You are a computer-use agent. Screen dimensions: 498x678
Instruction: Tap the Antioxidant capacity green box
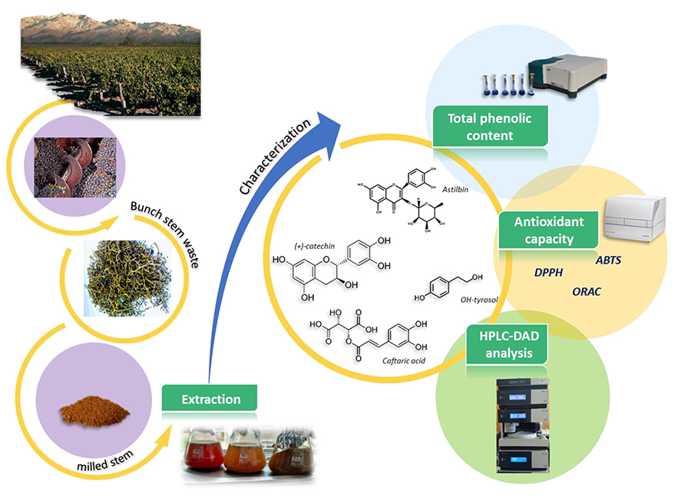(x=547, y=230)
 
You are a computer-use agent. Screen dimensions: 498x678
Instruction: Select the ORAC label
(x=587, y=292)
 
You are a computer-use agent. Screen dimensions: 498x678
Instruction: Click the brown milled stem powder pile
(x=86, y=413)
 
